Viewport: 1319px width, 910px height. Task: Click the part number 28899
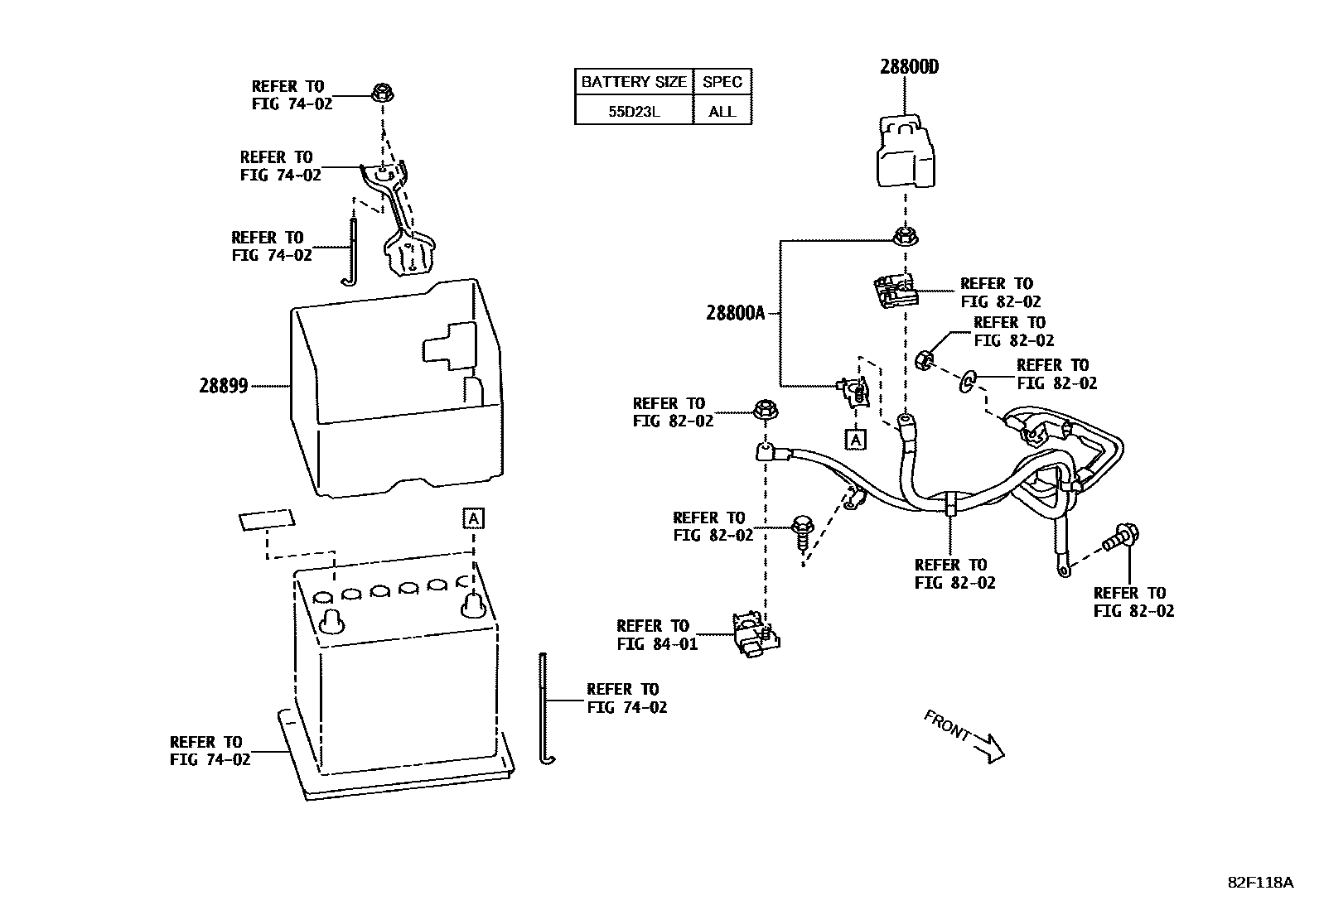click(223, 386)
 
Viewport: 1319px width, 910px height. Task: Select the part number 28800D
click(909, 67)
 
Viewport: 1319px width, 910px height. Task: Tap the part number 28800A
click(736, 313)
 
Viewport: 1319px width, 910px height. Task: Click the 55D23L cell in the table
click(634, 111)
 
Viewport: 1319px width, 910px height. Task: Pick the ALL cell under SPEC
click(722, 111)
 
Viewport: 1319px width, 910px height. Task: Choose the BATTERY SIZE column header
click(634, 82)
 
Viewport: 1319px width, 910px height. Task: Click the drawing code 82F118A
click(1259, 883)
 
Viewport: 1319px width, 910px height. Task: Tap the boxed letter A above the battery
click(473, 518)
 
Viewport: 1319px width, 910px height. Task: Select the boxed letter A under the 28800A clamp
click(855, 439)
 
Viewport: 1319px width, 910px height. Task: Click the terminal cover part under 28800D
click(906, 152)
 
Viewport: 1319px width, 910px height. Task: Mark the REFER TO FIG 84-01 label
click(656, 634)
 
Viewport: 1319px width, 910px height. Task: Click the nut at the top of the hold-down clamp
click(383, 93)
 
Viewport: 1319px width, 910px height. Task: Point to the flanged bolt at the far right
click(1121, 537)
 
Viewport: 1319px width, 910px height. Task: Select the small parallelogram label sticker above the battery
click(267, 520)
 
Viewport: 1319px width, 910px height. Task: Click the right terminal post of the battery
click(473, 605)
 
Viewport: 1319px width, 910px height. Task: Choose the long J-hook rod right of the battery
click(544, 709)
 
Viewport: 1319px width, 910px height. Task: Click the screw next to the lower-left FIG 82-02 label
click(803, 532)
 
